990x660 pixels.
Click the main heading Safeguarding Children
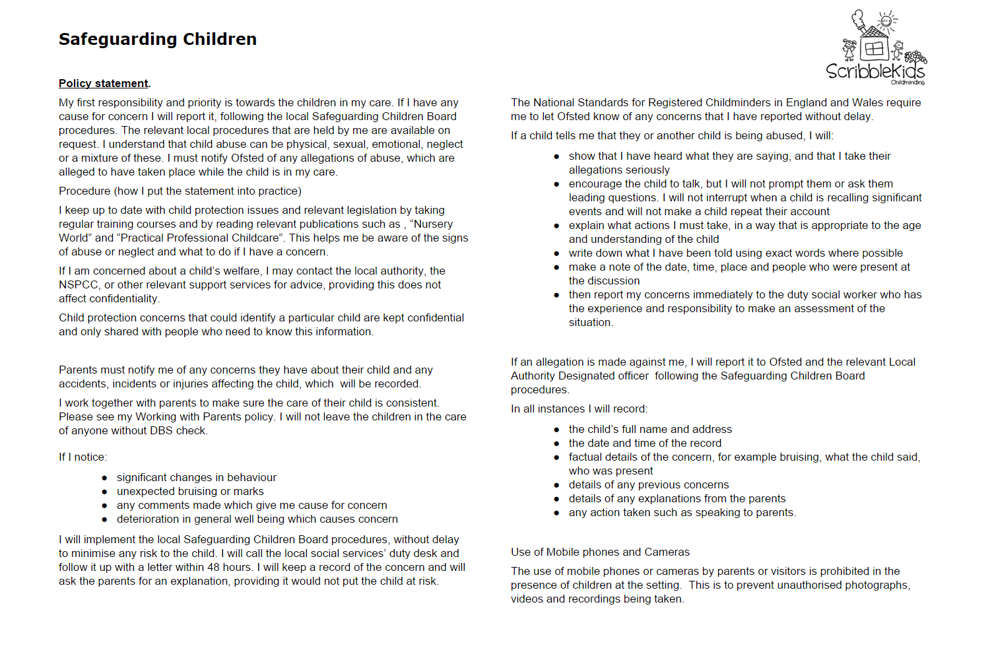tap(157, 40)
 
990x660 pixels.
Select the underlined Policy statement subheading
tap(104, 83)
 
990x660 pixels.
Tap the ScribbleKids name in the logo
tap(874, 71)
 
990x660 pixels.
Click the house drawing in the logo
tap(873, 48)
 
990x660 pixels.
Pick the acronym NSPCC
tap(79, 284)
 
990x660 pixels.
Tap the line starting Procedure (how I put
tap(180, 191)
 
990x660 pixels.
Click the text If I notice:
tap(82, 457)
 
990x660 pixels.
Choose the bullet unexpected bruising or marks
tap(190, 491)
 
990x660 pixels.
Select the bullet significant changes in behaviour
tap(197, 477)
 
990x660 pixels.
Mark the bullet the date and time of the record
tap(645, 443)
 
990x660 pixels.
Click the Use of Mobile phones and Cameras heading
tap(600, 552)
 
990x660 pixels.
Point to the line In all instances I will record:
tap(579, 409)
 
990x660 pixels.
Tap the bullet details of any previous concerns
tap(649, 484)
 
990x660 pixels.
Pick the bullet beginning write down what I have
tap(735, 253)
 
